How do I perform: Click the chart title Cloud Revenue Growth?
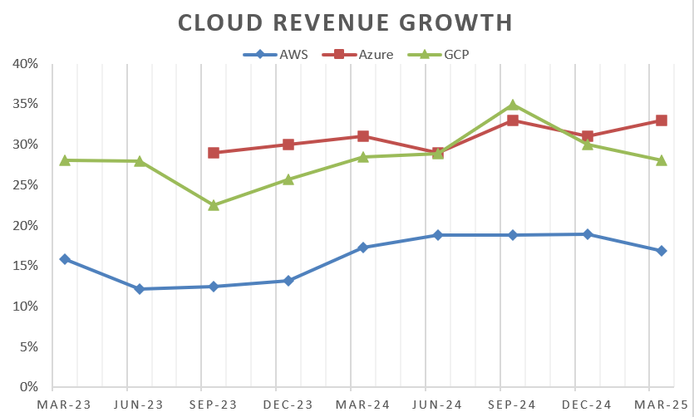click(x=346, y=22)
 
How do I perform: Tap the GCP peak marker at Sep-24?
click(x=513, y=105)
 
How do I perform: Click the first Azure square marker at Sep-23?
click(x=214, y=153)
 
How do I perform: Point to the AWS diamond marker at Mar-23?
click(x=65, y=259)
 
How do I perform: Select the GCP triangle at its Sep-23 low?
click(x=214, y=205)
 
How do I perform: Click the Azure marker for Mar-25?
click(x=662, y=120)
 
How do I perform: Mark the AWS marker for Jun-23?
click(x=140, y=289)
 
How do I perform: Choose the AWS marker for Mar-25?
click(x=662, y=251)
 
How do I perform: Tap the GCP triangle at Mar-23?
click(x=65, y=160)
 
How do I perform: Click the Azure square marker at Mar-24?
click(x=363, y=136)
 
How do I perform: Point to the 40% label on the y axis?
click(x=25, y=64)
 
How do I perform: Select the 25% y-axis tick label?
click(x=25, y=185)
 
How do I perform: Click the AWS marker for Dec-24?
click(x=588, y=234)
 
